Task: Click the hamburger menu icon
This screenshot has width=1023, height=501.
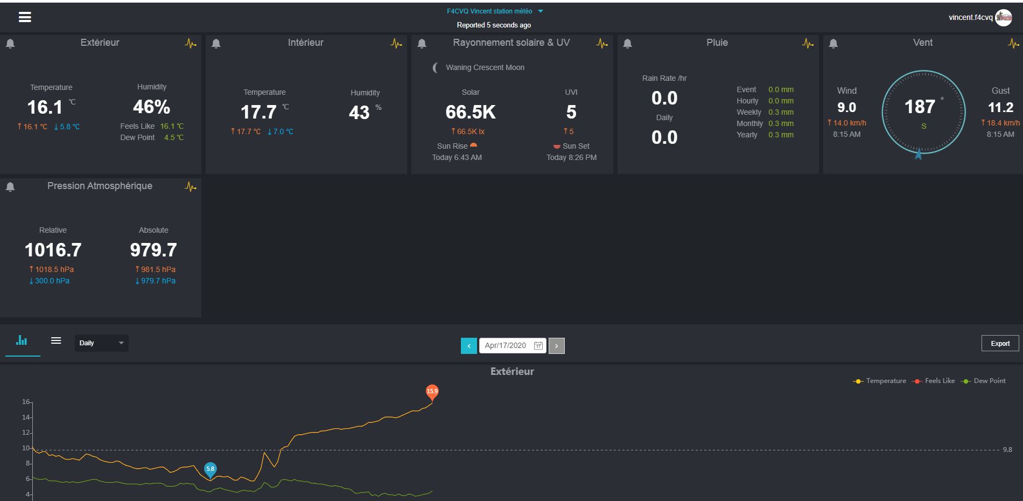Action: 25,17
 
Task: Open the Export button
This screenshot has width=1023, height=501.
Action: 1000,343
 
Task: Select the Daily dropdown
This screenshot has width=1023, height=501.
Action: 101,343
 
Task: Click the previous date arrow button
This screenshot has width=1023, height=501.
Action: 469,346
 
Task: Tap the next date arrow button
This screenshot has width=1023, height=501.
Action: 557,346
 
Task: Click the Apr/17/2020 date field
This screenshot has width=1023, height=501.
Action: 513,346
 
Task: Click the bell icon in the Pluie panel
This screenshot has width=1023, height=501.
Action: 627,44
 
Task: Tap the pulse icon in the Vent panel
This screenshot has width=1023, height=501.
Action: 1013,44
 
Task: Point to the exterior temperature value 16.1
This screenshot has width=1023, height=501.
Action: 45,108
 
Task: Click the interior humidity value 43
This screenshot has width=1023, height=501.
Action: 359,113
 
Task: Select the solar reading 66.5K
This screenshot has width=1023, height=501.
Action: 471,112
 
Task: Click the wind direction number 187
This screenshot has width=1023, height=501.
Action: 920,107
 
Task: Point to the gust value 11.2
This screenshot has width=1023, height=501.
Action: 1000,108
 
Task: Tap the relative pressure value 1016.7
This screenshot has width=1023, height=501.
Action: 53,250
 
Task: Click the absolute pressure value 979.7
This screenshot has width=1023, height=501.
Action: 153,250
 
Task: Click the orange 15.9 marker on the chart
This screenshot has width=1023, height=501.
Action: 432,392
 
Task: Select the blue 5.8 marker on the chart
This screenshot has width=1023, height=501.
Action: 210,470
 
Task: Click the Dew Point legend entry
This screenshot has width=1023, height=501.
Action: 984,381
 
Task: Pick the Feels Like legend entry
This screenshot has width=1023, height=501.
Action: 934,381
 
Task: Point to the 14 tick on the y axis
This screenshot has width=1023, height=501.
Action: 26,417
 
